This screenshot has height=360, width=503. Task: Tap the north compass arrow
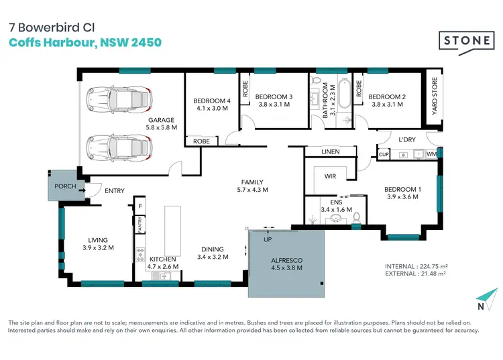point(488,296)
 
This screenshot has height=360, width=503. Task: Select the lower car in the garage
point(118,145)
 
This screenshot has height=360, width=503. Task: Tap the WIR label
point(329,176)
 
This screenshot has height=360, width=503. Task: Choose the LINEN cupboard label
point(331,152)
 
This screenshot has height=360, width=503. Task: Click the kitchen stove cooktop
point(141,254)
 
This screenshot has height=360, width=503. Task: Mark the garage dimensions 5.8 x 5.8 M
point(162,127)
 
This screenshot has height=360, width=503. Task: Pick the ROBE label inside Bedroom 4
point(201,141)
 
